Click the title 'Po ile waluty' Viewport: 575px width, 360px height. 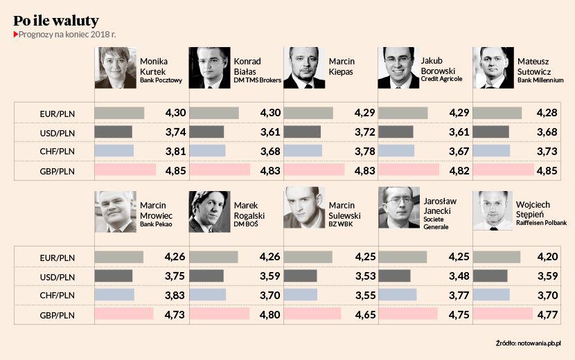point(56,20)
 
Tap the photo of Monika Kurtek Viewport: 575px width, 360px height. point(115,68)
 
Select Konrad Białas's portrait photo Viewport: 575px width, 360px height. point(209,68)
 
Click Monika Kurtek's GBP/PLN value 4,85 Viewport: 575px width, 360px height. point(175,169)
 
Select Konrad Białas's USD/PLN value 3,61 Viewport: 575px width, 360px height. point(269,132)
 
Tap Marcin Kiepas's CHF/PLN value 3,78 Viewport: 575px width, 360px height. point(364,150)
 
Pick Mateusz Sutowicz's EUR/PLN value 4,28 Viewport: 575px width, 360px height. point(553,112)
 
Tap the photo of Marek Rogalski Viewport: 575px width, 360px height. point(209,212)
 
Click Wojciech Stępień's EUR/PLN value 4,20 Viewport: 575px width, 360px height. point(553,257)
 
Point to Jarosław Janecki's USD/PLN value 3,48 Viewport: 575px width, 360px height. point(459,276)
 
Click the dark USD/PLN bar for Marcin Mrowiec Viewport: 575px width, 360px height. point(114,276)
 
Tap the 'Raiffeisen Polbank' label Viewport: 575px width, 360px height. point(543,223)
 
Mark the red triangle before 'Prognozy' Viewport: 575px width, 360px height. point(16,34)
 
